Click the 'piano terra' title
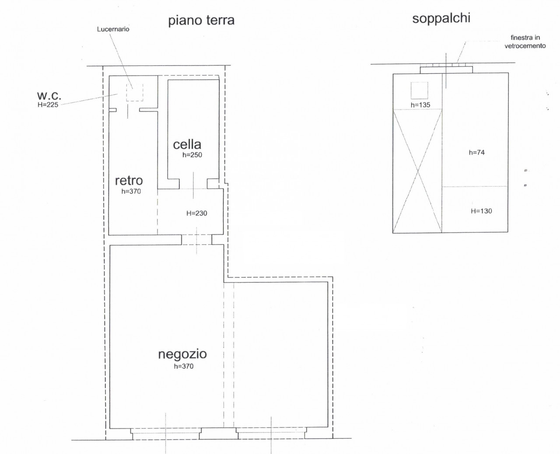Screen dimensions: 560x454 [x=201, y=20]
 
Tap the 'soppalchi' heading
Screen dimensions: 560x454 [x=441, y=18]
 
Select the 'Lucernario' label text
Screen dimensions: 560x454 [x=113, y=29]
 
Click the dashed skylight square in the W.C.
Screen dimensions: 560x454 [x=135, y=84]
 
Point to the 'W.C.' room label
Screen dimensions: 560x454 [x=49, y=96]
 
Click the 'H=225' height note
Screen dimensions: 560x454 [x=48, y=105]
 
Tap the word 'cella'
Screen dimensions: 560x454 [x=187, y=145]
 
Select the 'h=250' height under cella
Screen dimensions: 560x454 [x=192, y=155]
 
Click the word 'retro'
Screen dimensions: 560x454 [x=129, y=180]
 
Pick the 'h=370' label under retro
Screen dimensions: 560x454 [x=131, y=191]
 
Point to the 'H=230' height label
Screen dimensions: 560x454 [x=197, y=213]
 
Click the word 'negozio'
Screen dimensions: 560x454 [x=182, y=354]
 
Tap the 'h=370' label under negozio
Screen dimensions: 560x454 [x=183, y=366]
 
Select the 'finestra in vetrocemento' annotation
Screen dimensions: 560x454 [x=525, y=42]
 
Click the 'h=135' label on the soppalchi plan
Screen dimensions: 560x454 [x=420, y=105]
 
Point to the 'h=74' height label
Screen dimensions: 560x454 [x=477, y=152]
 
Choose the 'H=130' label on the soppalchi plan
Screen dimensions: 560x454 [x=481, y=211]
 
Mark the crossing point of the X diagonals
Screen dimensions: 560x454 [x=417, y=171]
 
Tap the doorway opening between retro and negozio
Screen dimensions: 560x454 [x=197, y=240]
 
